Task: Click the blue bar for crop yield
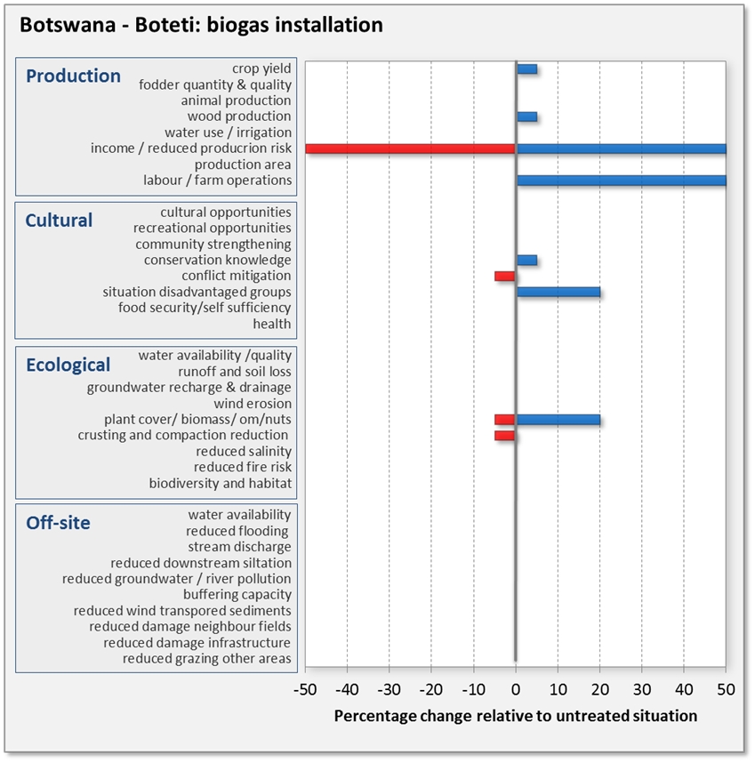(526, 68)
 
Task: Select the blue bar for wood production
(526, 116)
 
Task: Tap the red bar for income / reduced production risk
(410, 149)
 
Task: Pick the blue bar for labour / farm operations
(621, 181)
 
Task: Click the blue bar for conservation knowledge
(526, 260)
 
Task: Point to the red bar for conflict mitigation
(505, 276)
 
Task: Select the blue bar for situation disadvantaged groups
(558, 292)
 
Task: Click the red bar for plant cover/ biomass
(505, 420)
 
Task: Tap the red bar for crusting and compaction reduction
(505, 436)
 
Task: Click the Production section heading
(73, 76)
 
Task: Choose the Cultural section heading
(59, 221)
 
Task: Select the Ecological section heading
(68, 365)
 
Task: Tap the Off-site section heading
(58, 523)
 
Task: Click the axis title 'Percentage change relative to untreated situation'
(516, 715)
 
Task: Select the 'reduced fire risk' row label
(243, 467)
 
